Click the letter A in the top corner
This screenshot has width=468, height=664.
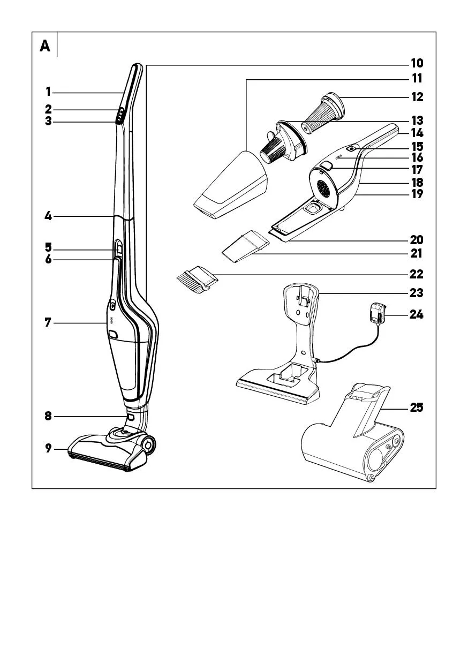tap(45, 47)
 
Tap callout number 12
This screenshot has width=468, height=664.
tap(417, 97)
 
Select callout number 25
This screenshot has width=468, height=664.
tap(417, 408)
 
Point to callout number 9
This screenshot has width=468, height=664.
tap(48, 449)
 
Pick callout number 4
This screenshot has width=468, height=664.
tap(48, 216)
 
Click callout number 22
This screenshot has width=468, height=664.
tap(417, 274)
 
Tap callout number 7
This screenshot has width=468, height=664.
tap(48, 323)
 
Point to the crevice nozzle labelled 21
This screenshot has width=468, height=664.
tap(244, 246)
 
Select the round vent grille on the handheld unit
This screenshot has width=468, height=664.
tap(323, 188)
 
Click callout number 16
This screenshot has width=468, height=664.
tap(417, 157)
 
